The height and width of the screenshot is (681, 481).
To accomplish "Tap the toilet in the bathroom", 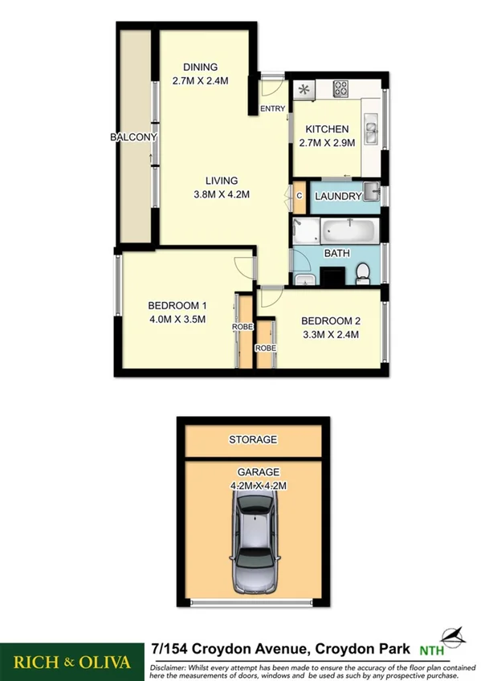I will (x=361, y=273).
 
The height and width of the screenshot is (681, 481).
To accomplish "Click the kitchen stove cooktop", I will (x=340, y=88).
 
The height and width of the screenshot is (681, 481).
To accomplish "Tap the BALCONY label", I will (x=133, y=137).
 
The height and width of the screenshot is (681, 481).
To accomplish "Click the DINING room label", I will (x=200, y=67).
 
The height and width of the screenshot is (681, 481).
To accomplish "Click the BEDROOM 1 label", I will (x=177, y=305).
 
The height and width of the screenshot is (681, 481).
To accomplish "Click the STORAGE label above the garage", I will (x=253, y=439).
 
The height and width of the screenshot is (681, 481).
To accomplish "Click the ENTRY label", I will (x=271, y=110).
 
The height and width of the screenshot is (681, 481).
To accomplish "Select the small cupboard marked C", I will (x=299, y=196).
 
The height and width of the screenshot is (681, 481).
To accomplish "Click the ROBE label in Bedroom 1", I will (x=243, y=328).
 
